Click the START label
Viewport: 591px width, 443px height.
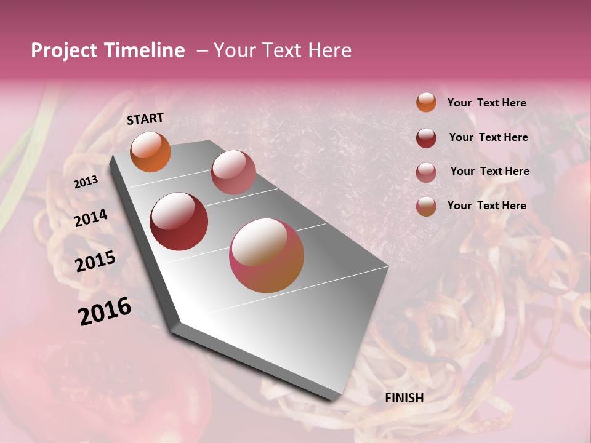[145, 119]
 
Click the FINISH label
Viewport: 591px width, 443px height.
[404, 397]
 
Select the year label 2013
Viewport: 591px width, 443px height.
[86, 182]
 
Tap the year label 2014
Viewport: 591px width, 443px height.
[91, 218]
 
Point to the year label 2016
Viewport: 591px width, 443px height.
[105, 311]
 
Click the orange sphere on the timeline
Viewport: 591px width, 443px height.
[151, 151]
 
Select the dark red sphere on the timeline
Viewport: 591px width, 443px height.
[179, 221]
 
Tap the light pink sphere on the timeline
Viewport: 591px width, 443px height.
[233, 172]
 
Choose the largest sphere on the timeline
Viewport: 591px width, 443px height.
[267, 255]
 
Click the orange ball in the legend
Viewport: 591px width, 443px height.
[426, 102]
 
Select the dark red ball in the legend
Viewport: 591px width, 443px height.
[426, 138]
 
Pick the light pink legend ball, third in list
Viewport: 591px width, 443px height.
[426, 172]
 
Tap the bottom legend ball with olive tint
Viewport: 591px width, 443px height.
[426, 207]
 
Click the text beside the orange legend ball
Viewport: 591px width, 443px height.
[486, 103]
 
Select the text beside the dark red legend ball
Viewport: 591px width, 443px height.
[488, 137]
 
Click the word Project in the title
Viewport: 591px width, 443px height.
[65, 50]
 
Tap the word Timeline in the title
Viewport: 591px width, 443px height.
[145, 50]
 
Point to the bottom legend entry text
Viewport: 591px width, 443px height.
[486, 206]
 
